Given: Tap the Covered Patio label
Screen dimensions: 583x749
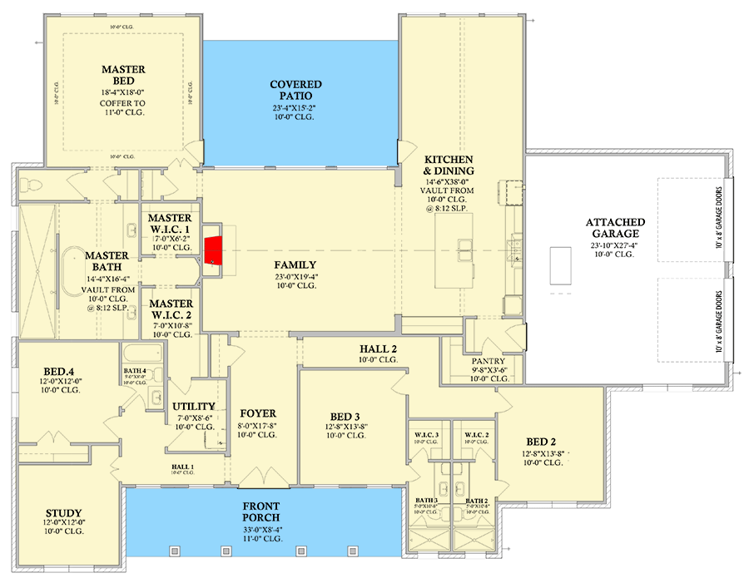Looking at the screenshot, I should pyautogui.click(x=295, y=91).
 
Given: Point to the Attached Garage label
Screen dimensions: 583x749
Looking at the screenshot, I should pyautogui.click(x=615, y=228).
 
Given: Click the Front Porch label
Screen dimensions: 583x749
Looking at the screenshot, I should pyautogui.click(x=261, y=512).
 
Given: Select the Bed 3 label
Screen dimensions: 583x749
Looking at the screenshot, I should pyautogui.click(x=345, y=416).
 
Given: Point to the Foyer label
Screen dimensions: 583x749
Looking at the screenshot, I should pyautogui.click(x=257, y=413).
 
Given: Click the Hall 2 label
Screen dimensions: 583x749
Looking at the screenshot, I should pyautogui.click(x=379, y=348).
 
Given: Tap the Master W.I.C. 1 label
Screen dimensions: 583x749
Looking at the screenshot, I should pyautogui.click(x=171, y=224).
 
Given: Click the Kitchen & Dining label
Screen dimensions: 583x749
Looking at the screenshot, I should pyautogui.click(x=449, y=166).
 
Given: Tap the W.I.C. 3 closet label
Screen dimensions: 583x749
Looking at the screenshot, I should pyautogui.click(x=426, y=434).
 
